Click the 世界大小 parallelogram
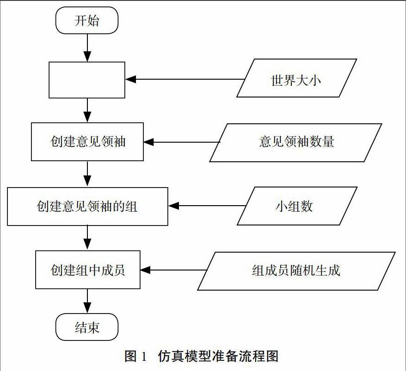coord(297,78)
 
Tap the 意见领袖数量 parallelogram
coord(295,143)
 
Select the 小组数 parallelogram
coord(297,206)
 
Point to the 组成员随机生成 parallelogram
coord(296,271)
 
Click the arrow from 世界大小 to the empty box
coord(185,79)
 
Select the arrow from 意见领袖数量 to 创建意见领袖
coord(182,142)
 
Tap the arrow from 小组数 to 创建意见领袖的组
coord(207,206)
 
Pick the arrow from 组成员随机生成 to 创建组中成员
coord(174,270)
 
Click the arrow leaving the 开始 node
coord(87,48)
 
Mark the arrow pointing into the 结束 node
coord(87,301)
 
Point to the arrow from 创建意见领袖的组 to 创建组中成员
coord(87,238)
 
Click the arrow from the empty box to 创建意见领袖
coord(87,110)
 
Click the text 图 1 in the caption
coord(135,356)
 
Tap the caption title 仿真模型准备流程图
coord(218,356)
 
